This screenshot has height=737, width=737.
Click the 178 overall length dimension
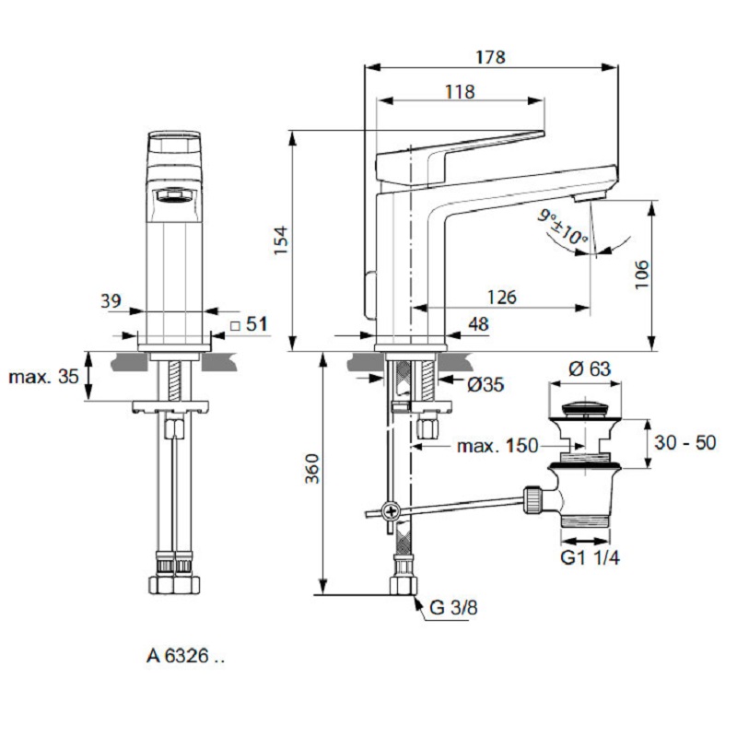coord(491,57)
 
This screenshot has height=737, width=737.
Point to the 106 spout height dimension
coord(642,275)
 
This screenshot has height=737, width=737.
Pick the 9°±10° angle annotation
coord(564,226)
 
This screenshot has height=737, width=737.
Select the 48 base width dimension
coord(478,323)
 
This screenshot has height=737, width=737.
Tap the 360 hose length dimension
coord(311,472)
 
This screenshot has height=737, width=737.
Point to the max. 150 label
coord(497,447)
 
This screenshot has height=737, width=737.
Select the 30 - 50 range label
coord(684,442)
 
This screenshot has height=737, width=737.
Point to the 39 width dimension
coord(111,300)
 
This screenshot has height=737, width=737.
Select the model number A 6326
coord(184,657)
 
